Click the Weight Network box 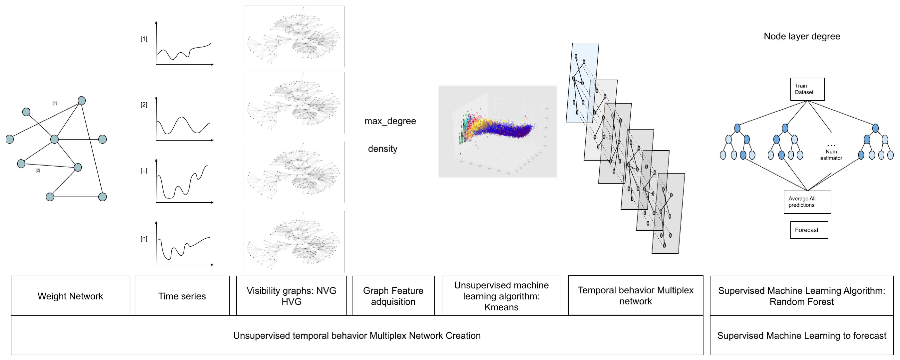point(70,296)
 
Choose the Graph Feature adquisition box point(393,296)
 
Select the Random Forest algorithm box point(802,296)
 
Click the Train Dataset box point(807,89)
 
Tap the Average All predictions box point(807,202)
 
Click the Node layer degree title point(802,36)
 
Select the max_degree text point(390,121)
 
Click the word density point(383,149)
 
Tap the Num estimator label point(831,154)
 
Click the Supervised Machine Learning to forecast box point(802,335)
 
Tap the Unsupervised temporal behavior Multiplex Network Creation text point(357,335)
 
